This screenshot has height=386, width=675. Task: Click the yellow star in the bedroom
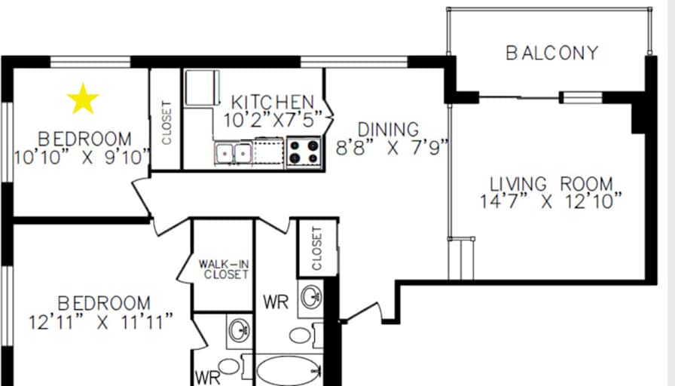[x=83, y=99]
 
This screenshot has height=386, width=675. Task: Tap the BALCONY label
[x=552, y=53]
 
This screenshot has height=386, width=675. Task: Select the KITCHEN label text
[x=273, y=102]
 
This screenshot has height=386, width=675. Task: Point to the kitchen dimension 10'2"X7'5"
[x=273, y=120]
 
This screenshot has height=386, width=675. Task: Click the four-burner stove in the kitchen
[x=304, y=152]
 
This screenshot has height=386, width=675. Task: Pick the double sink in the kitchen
[x=234, y=153]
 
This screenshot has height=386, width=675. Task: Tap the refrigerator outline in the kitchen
[x=203, y=88]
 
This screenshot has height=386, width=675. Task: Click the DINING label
[x=388, y=130]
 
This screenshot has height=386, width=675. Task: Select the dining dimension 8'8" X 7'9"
[x=392, y=149]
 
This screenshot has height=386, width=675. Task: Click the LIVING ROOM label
[x=551, y=184]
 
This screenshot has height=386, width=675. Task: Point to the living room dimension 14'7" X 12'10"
[x=551, y=201]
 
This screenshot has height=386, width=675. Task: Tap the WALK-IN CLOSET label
[x=224, y=269]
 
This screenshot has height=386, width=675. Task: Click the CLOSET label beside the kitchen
[x=166, y=123]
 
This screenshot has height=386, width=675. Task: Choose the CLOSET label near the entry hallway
[x=317, y=249]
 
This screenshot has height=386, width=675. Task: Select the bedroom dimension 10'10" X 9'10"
[x=83, y=158]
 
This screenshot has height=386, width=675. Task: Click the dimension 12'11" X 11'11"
[x=101, y=322]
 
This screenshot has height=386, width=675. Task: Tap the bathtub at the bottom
[x=289, y=370]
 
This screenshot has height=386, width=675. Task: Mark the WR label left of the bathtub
[x=207, y=378]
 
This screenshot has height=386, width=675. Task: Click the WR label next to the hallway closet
[x=276, y=302]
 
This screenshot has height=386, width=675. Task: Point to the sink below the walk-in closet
[x=240, y=330]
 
